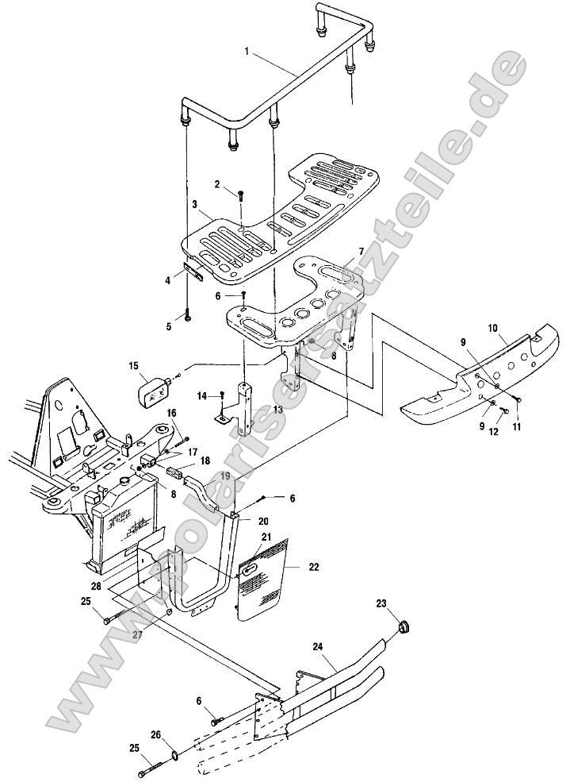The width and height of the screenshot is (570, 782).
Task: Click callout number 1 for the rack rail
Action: coord(247,52)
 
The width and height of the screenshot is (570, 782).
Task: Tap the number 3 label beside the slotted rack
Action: coord(194,205)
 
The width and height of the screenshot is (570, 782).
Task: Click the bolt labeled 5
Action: coord(187,315)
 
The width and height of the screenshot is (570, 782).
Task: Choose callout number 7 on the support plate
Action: coord(361,251)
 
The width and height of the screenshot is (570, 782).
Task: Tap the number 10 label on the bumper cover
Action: coord(492,326)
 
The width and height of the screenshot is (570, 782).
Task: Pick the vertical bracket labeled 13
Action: coord(246,409)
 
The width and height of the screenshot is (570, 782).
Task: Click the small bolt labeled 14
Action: coord(225,394)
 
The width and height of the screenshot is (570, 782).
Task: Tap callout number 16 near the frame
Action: coord(171,412)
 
